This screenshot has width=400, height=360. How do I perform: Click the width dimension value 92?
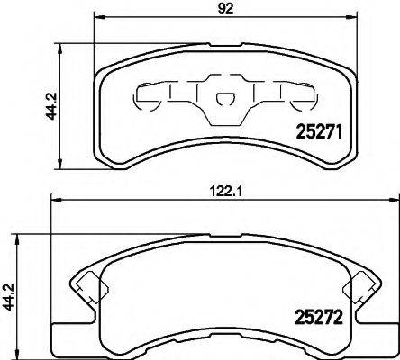pyautogui.click(x=221, y=12)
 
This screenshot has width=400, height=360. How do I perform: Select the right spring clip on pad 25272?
pyautogui.click(x=359, y=286)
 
